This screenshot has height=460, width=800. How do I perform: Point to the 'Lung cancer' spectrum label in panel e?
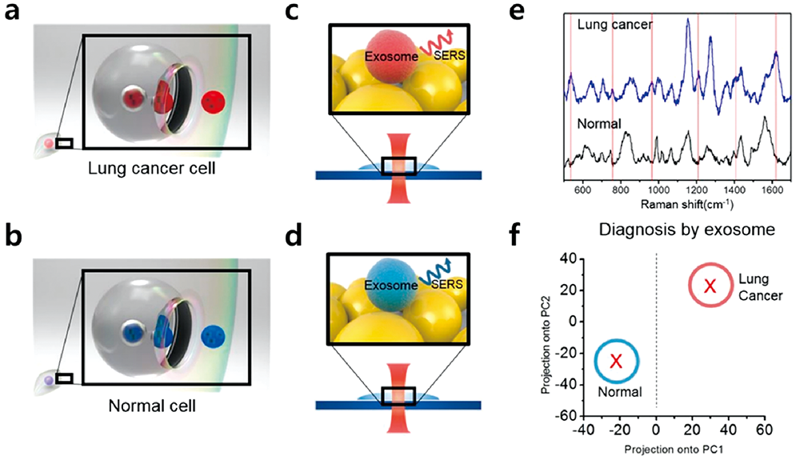coord(613,25)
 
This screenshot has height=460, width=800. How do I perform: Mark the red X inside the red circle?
coord(709,286)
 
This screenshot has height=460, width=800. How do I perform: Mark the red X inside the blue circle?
coord(616,362)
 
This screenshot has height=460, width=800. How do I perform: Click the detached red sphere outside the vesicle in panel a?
coord(213,102)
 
